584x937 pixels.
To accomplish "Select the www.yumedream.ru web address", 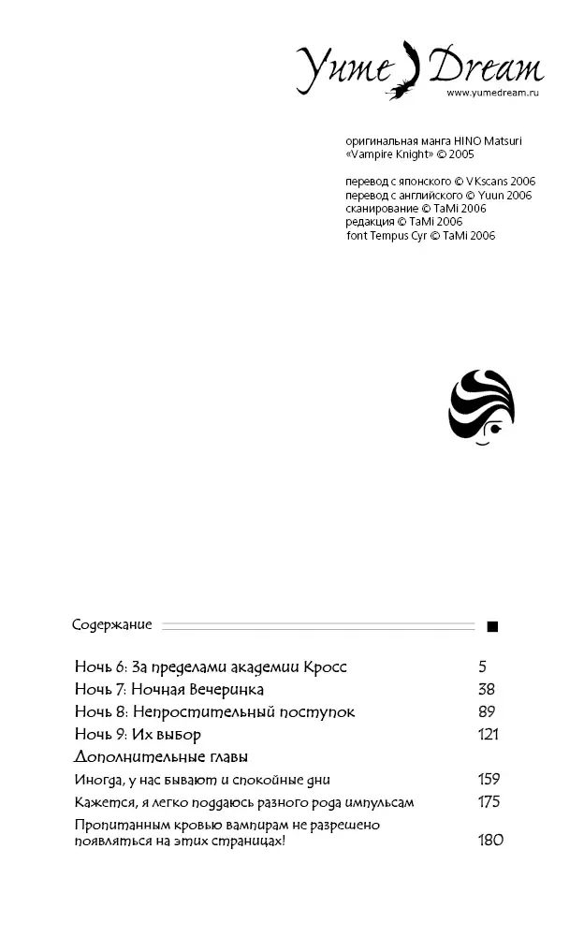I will pyautogui.click(x=493, y=94).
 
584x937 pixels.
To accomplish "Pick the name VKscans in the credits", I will pyautogui.click(x=481, y=182).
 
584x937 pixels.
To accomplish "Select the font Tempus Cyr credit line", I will pyautogui.click(x=420, y=236).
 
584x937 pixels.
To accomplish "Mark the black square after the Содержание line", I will pyautogui.click(x=493, y=626).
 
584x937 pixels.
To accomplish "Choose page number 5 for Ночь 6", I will pyautogui.click(x=483, y=667).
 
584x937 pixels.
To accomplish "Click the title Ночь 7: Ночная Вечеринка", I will pyautogui.click(x=169, y=690).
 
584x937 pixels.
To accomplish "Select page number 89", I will pyautogui.click(x=487, y=712).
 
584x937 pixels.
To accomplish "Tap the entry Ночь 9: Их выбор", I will pyautogui.click(x=138, y=734).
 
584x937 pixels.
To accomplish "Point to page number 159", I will pyautogui.click(x=489, y=779).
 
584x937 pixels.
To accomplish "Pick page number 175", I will pyautogui.click(x=489, y=802).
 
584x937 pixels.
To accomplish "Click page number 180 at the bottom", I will pyautogui.click(x=490, y=840).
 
